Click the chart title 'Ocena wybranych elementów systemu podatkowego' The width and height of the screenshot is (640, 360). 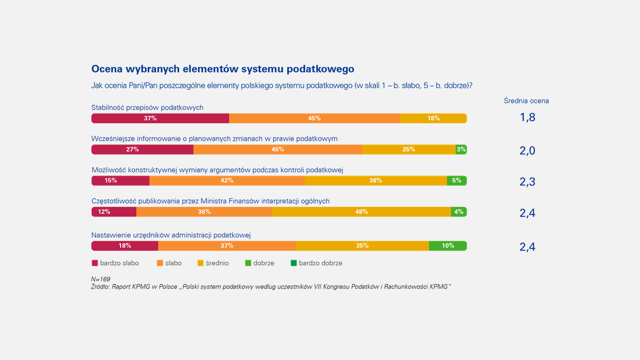click(x=222, y=69)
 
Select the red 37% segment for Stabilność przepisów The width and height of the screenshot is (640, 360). click(x=160, y=118)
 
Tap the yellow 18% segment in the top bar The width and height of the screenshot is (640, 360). click(x=433, y=118)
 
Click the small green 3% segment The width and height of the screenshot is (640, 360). click(x=461, y=149)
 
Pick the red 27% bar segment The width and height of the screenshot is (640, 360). click(x=142, y=149)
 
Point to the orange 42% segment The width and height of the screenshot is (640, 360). click(x=227, y=180)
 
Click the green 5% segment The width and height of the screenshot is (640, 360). click(x=457, y=180)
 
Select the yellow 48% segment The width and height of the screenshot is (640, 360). click(x=362, y=212)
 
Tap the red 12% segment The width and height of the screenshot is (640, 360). click(x=114, y=212)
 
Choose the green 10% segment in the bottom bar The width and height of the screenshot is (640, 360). click(x=447, y=246)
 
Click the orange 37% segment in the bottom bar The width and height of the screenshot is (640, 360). click(x=227, y=246)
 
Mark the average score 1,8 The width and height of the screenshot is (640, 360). click(x=527, y=118)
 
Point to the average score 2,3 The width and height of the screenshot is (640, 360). click(x=527, y=182)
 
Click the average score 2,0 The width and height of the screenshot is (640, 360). click(x=527, y=151)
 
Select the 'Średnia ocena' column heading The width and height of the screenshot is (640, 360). click(x=526, y=100)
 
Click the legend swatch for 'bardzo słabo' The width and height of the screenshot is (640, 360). click(x=95, y=263)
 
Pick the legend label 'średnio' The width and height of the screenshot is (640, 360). click(x=217, y=263)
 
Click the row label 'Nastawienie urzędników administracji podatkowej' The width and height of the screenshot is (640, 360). click(x=171, y=235)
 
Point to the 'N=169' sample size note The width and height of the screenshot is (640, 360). click(x=101, y=279)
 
